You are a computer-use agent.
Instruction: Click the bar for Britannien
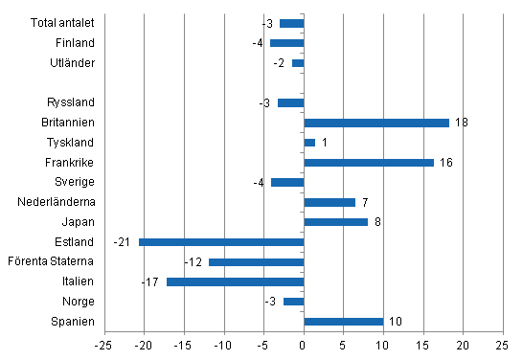coord(375,123)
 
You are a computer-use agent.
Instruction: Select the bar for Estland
coord(221,242)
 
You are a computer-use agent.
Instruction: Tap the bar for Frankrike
coord(368,163)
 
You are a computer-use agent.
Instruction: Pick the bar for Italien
coord(235,281)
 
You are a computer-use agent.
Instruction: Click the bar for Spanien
coord(343,322)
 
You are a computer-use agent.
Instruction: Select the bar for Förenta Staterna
coord(256,261)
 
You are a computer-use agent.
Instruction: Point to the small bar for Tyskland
coord(309,143)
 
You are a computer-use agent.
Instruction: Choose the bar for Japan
coord(335,222)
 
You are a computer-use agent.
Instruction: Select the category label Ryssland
coord(71,102)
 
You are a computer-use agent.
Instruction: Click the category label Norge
coord(80,302)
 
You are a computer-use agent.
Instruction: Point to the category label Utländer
coord(71,63)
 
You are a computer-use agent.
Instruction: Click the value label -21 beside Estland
coord(122,242)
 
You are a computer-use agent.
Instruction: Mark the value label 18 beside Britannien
coord(461,123)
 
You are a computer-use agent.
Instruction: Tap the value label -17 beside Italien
coord(150,281)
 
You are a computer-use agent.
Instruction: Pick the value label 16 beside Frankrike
coord(445,163)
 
